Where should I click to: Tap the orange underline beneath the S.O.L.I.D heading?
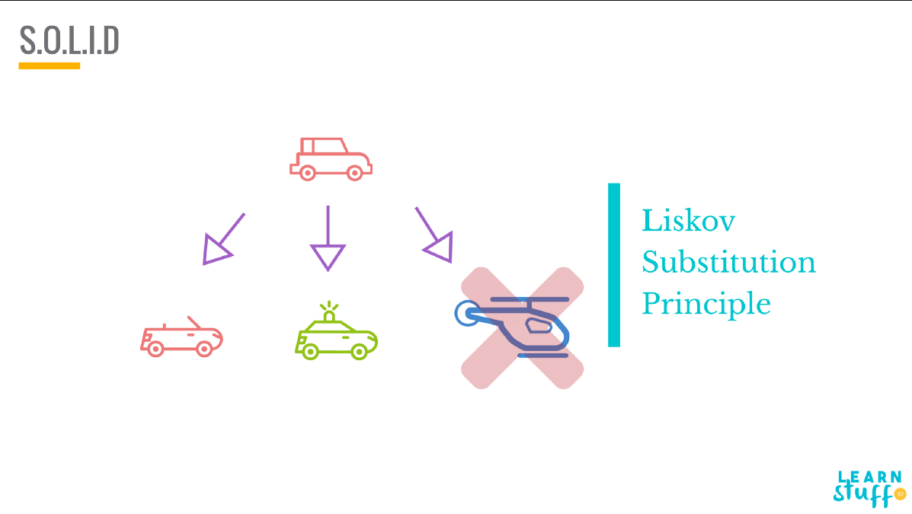click(50, 66)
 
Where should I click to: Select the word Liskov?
click(688, 221)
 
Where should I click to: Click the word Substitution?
click(728, 263)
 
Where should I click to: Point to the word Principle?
click(706, 304)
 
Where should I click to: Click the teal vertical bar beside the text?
click(613, 265)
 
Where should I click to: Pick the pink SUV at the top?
click(331, 158)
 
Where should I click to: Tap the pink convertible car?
click(181, 337)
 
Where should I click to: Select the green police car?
click(336, 335)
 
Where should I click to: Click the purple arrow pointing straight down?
click(328, 238)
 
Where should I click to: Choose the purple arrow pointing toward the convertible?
click(222, 240)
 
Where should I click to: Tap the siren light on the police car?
click(328, 312)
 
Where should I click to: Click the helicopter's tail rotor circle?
click(465, 312)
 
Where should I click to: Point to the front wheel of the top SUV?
click(354, 173)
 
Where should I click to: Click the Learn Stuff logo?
click(869, 488)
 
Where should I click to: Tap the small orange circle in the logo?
click(900, 494)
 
